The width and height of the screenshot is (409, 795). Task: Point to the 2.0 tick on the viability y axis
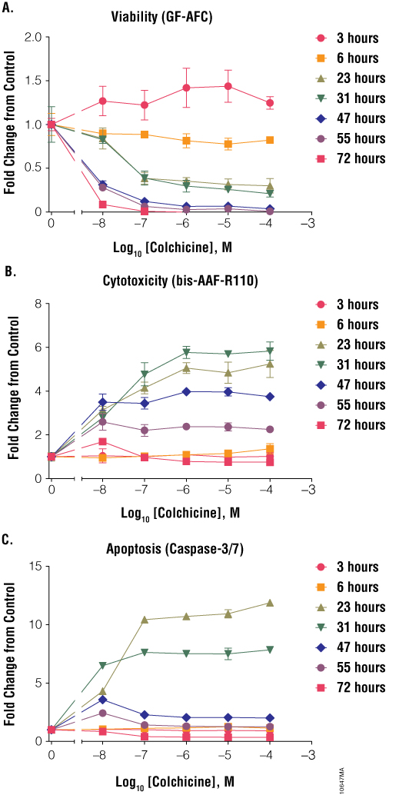[33, 37]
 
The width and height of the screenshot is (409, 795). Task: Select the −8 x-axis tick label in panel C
[102, 753]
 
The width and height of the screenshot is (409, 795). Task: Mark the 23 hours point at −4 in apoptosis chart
[269, 603]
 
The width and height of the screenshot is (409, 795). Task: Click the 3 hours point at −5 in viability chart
[228, 86]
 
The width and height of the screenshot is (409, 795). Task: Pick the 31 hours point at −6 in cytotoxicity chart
[186, 352]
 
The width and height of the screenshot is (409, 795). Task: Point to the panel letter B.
[7, 271]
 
